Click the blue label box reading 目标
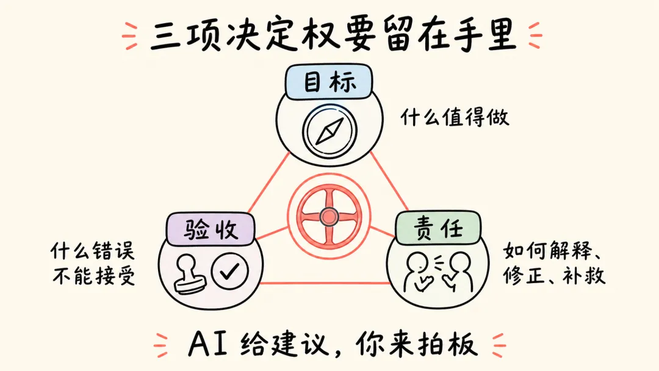[x=329, y=82]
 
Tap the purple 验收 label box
[x=211, y=229]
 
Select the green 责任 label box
[x=438, y=228]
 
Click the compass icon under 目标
[x=329, y=130]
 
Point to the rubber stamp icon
[x=190, y=275]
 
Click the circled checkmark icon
[x=229, y=272]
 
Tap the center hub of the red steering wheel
[x=329, y=217]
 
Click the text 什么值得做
[x=455, y=117]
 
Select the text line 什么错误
[x=93, y=251]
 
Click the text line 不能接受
[x=94, y=276]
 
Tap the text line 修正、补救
[x=554, y=275]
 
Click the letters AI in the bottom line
[x=209, y=345]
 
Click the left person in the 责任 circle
[x=417, y=272]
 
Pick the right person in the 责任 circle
[x=460, y=272]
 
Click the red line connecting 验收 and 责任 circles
[x=323, y=283]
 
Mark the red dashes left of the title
[x=130, y=36]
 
